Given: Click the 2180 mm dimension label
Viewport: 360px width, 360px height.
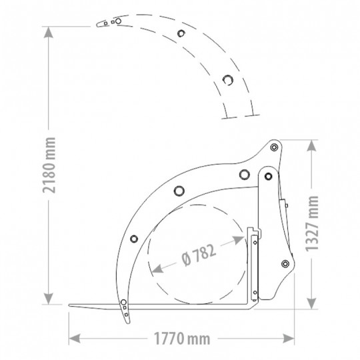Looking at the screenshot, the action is coord(49,165).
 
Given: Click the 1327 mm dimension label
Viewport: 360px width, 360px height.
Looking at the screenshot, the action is coord(312,223).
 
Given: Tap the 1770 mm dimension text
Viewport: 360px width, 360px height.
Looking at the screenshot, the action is coord(182,339).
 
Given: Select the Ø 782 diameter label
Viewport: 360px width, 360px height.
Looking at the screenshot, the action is coord(199,255).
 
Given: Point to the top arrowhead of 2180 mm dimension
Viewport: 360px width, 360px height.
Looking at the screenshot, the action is coord(49,32).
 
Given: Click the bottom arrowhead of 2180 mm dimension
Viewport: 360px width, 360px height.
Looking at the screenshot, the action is coord(49,299).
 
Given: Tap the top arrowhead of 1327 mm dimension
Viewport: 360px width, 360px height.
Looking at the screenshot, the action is coord(311,145).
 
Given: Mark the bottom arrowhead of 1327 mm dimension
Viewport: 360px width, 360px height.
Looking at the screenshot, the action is coord(311,303).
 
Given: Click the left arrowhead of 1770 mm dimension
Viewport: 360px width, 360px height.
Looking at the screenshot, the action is coord(75,339).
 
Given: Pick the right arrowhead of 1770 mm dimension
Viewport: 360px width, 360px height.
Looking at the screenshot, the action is coord(289,339).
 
